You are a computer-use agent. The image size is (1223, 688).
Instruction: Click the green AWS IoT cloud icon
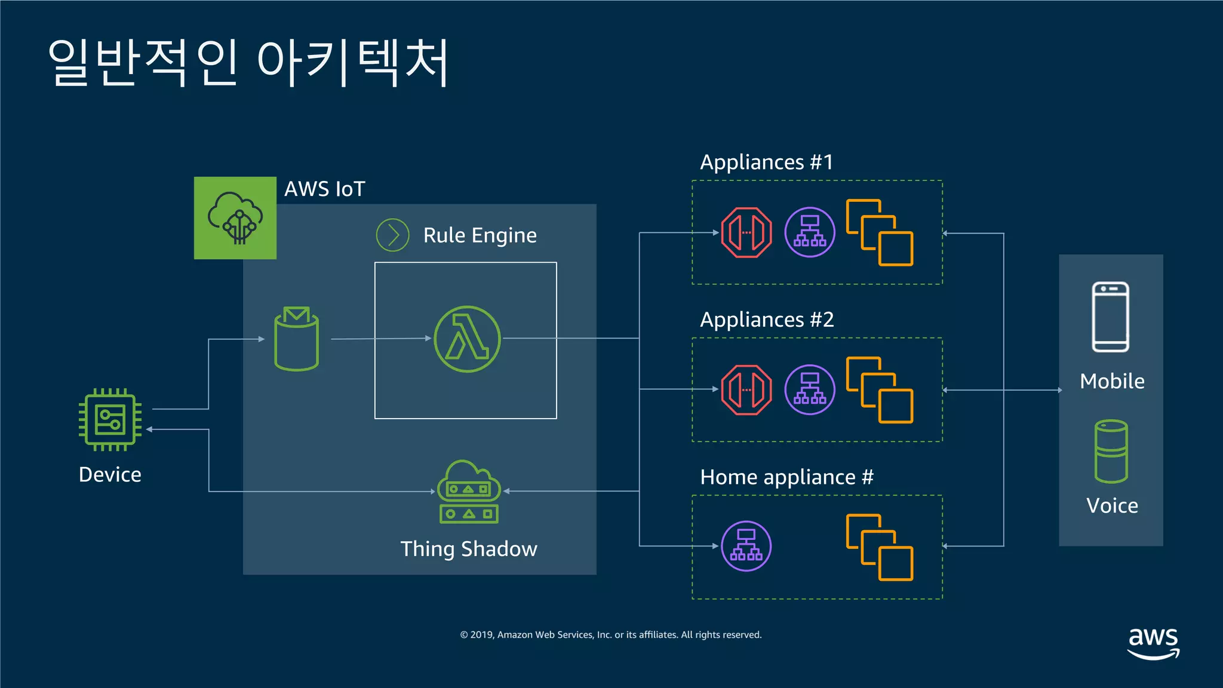tap(235, 218)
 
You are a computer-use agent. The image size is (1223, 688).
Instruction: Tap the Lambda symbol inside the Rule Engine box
tap(467, 339)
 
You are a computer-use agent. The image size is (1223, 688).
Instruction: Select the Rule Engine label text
tap(480, 235)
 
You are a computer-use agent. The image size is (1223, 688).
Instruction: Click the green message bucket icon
tap(296, 339)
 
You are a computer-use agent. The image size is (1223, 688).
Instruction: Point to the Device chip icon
tap(110, 420)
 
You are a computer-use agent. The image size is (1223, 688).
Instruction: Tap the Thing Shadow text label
tap(469, 549)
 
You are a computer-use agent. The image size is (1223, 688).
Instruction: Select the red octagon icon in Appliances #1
tap(746, 232)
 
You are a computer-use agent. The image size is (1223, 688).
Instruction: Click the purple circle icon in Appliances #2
tap(810, 389)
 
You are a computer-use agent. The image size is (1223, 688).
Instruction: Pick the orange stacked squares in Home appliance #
tap(880, 547)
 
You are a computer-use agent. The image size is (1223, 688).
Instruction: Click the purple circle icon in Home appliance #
tap(746, 546)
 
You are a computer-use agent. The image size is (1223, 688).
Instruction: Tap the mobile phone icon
tap(1111, 317)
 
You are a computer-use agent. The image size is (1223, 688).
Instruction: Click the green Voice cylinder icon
tap(1111, 451)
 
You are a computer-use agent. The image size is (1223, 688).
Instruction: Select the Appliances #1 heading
tap(766, 162)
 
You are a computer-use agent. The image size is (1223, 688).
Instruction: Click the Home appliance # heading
tap(786, 477)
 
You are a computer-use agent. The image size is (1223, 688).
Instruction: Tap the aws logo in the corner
tap(1153, 643)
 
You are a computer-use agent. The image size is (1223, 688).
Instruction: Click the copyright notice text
tap(610, 635)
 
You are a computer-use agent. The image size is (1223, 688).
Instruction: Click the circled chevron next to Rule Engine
tap(392, 235)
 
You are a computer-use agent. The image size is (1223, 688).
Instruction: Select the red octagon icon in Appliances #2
tap(746, 389)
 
